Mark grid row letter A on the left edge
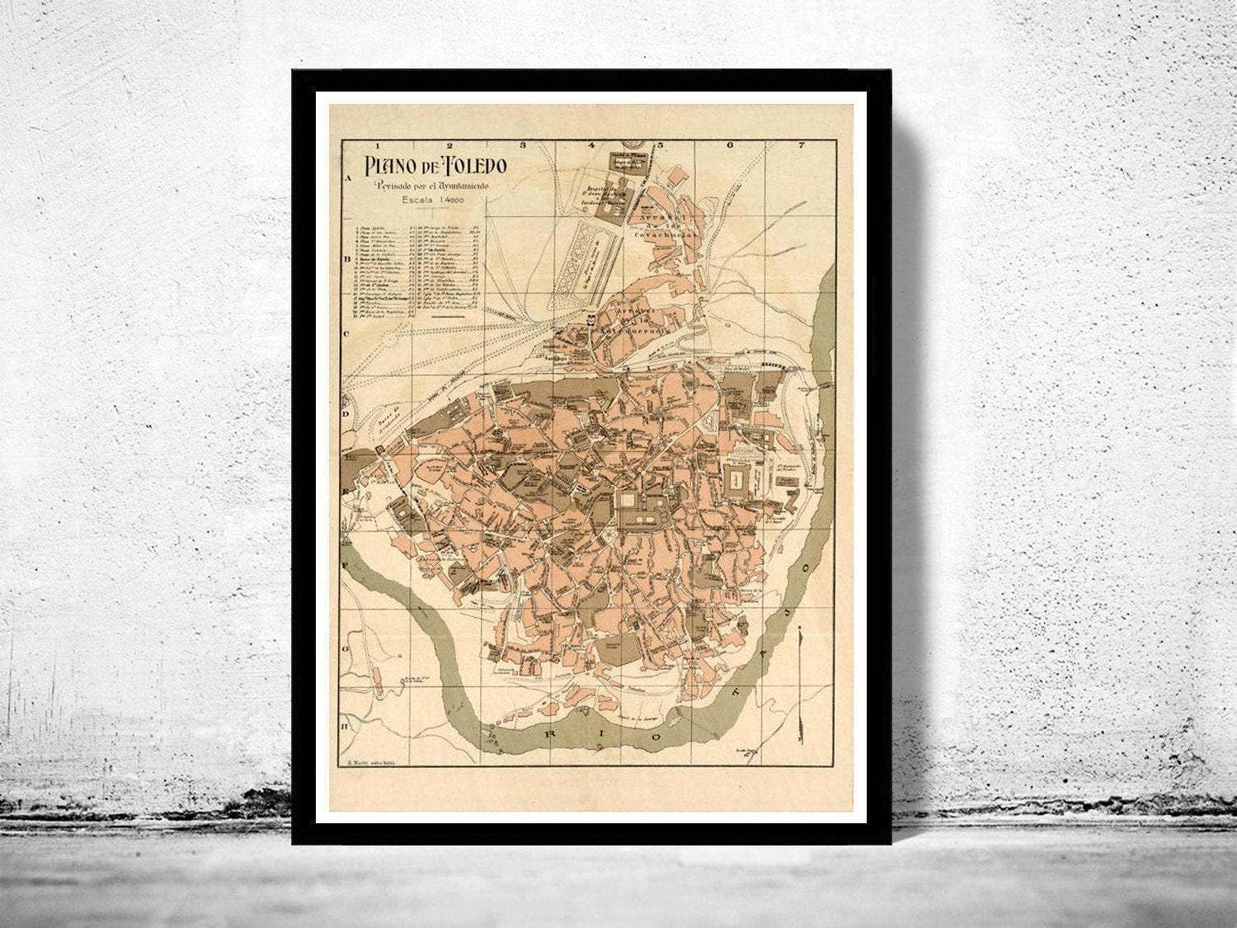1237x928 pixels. [x=349, y=177]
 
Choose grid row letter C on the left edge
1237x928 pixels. [x=349, y=334]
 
